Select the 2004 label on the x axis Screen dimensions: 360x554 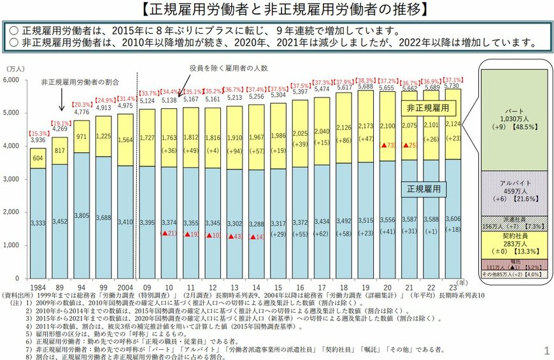coord(125,287)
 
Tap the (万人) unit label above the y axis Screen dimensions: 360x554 coord(15,68)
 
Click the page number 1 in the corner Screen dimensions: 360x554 coord(546,350)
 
